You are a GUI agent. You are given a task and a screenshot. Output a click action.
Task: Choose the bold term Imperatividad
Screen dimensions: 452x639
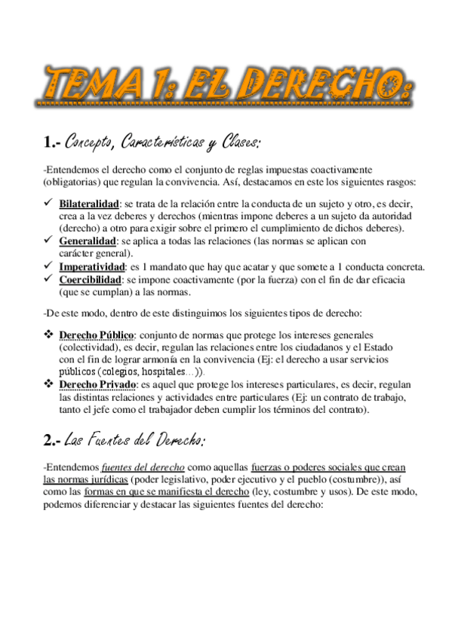click(x=91, y=267)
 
